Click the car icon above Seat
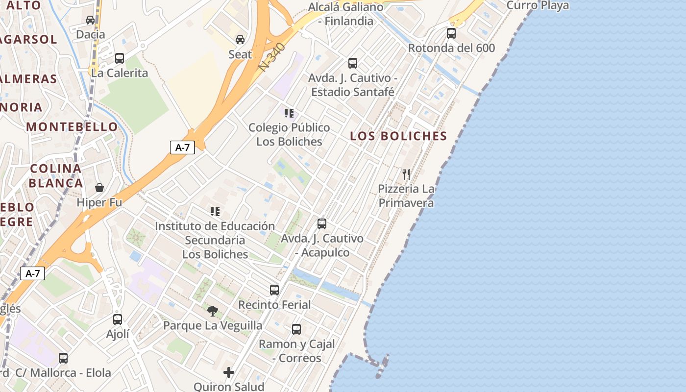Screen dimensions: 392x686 pyautogui.click(x=240, y=40)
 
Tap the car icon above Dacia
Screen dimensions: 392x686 pyautogui.click(x=90, y=20)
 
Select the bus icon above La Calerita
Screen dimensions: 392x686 pyautogui.click(x=120, y=58)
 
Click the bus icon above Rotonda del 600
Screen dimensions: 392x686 pyautogui.click(x=451, y=33)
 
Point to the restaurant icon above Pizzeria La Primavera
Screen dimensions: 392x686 pyautogui.click(x=406, y=174)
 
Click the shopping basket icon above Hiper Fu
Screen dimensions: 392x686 pyautogui.click(x=99, y=188)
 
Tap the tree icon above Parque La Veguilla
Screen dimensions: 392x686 pyautogui.click(x=213, y=311)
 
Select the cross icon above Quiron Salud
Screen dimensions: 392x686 pyautogui.click(x=229, y=372)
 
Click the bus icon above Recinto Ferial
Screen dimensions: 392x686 pyautogui.click(x=274, y=290)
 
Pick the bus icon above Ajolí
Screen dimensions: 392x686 pyautogui.click(x=118, y=319)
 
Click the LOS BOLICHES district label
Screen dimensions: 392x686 pyautogui.click(x=399, y=136)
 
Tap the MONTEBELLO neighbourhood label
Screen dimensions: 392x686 pyautogui.click(x=72, y=127)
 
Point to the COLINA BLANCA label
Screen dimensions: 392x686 pyautogui.click(x=56, y=176)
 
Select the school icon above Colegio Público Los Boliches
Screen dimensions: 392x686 pyautogui.click(x=289, y=113)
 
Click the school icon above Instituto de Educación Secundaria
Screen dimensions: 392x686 pyautogui.click(x=215, y=212)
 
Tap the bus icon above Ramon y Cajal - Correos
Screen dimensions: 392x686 pyautogui.click(x=296, y=329)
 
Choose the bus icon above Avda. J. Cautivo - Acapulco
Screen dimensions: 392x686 pyautogui.click(x=322, y=224)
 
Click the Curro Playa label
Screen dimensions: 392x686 pyautogui.click(x=538, y=5)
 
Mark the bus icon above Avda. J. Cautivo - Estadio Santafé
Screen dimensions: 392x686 pyautogui.click(x=353, y=63)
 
